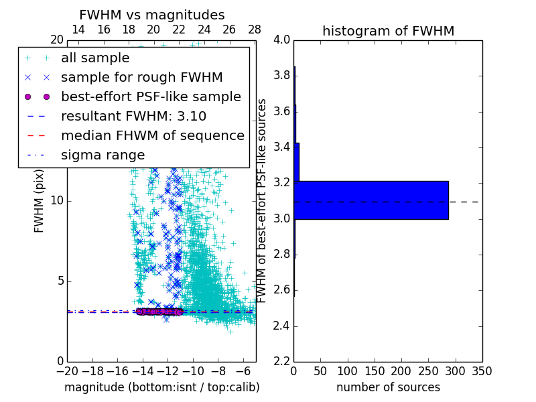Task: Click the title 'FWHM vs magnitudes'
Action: [x=151, y=15]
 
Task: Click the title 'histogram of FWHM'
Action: [x=388, y=31]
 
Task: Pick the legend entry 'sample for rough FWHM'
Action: [x=141, y=78]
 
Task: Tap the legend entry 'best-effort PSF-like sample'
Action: [x=151, y=97]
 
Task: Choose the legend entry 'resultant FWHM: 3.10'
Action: [x=133, y=117]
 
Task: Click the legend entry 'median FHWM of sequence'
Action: [x=152, y=136]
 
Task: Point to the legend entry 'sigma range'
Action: [x=103, y=155]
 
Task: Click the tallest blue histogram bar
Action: [x=371, y=200]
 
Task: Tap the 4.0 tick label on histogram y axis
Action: [x=281, y=40]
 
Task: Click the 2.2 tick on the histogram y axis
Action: [x=281, y=362]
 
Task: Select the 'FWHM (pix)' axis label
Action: [x=40, y=200]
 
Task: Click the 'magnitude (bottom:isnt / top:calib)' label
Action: [x=161, y=387]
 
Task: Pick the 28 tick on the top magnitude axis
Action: [x=255, y=29]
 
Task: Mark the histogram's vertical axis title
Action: [x=263, y=200]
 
